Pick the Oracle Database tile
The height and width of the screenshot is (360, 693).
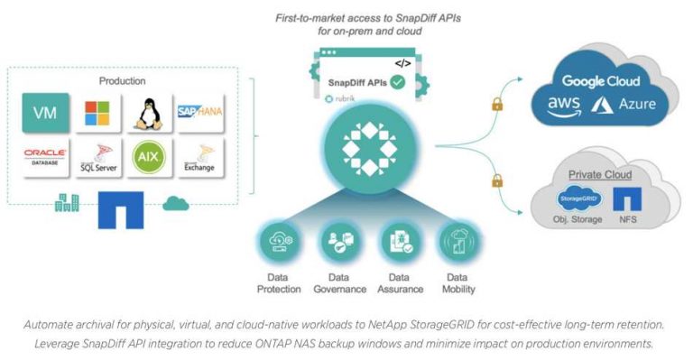(44, 158)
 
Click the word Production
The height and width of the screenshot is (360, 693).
(121, 81)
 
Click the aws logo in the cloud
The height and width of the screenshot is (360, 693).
(564, 105)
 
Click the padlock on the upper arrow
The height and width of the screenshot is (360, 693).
(495, 106)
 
